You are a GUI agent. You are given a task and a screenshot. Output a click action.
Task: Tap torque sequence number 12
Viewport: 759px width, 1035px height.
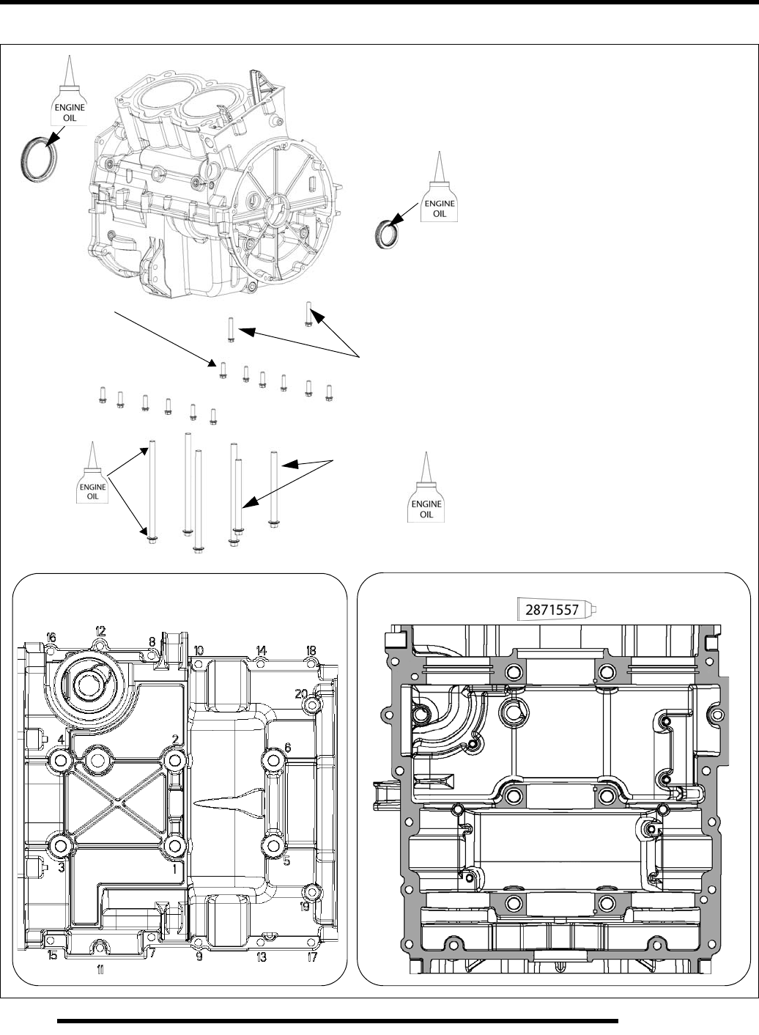[100, 630]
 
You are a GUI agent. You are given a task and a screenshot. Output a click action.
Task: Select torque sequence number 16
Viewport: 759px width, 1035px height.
[51, 638]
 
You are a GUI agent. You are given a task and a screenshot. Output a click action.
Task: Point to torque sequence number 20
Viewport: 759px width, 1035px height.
[300, 693]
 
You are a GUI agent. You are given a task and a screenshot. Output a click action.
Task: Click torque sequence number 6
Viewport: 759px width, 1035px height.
[287, 747]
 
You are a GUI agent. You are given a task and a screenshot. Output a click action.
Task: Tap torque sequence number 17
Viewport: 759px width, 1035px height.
[312, 957]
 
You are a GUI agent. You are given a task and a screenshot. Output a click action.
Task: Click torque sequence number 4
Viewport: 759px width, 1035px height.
[62, 740]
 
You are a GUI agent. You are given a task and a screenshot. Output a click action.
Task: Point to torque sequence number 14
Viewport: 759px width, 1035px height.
[262, 650]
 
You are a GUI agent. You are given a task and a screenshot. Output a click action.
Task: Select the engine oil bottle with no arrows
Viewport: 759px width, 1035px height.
[426, 491]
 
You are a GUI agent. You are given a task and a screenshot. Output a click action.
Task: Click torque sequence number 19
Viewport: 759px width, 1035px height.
[304, 907]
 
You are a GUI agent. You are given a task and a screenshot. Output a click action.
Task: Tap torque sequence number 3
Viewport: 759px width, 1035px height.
[62, 867]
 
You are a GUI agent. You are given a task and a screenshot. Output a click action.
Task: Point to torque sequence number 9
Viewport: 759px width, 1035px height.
[199, 956]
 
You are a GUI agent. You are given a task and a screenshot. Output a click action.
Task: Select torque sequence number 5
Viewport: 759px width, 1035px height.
[287, 861]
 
